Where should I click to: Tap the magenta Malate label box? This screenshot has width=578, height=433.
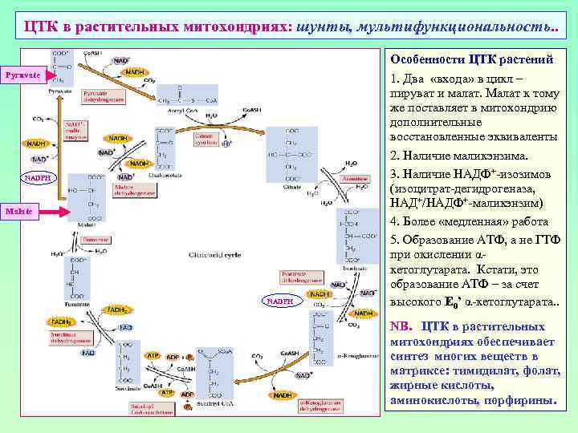coord(19,211)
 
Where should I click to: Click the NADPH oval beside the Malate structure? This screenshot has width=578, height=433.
coord(39,177)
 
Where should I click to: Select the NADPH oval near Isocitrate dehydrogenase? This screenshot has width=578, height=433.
coord(281,301)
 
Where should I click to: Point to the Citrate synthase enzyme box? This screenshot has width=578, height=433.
coord(209,140)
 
